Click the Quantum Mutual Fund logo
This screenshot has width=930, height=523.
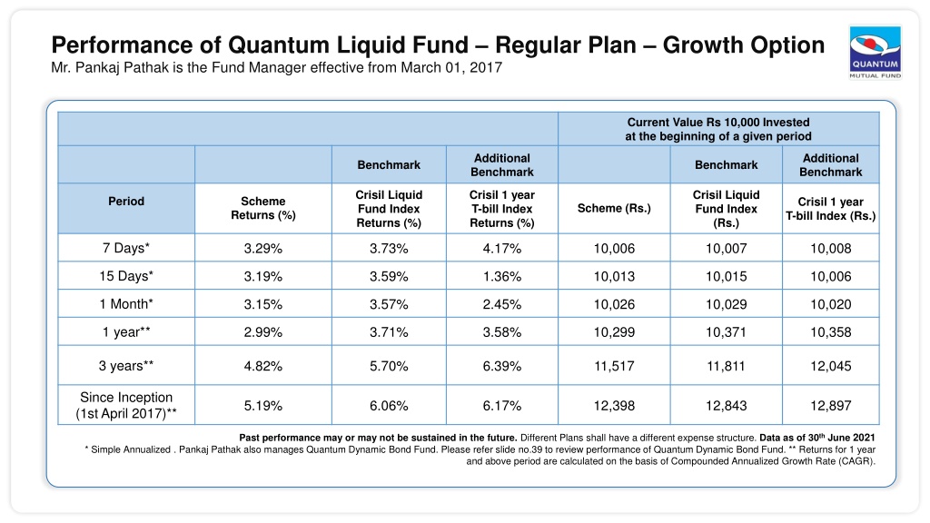click(875, 53)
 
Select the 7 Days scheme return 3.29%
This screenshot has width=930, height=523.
click(262, 249)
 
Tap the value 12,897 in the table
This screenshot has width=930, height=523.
click(830, 406)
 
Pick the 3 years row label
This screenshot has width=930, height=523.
click(125, 366)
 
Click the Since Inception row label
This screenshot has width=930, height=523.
click(125, 406)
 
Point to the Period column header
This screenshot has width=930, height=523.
click(125, 201)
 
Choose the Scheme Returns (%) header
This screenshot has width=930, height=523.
click(262, 208)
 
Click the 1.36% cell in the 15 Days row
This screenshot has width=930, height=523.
click(501, 276)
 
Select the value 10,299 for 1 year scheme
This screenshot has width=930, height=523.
click(614, 332)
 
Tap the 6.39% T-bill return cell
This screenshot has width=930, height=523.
click(501, 366)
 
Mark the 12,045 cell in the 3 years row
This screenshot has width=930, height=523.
click(830, 366)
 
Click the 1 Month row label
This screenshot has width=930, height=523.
click(125, 304)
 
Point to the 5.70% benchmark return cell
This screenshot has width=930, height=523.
click(389, 366)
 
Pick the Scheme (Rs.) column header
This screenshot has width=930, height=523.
click(614, 208)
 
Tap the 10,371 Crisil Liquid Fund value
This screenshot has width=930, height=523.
click(726, 332)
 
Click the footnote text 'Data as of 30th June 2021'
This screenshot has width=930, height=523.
click(816, 437)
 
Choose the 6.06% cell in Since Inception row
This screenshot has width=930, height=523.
click(389, 406)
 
